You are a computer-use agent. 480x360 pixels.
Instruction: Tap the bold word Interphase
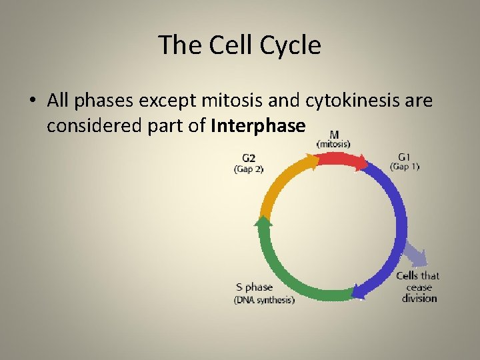pyautogui.click(x=258, y=125)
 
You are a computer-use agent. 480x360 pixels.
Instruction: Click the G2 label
pyautogui.click(x=248, y=158)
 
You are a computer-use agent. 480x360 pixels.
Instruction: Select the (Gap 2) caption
pyautogui.click(x=249, y=169)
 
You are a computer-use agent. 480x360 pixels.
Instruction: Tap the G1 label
pyautogui.click(x=404, y=157)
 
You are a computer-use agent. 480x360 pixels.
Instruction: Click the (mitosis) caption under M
pyautogui.click(x=333, y=143)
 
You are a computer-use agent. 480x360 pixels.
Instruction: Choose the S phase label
pyautogui.click(x=254, y=287)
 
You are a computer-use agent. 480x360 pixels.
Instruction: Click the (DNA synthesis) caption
pyautogui.click(x=264, y=300)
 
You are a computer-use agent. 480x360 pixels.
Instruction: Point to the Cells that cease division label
pyautogui.click(x=419, y=287)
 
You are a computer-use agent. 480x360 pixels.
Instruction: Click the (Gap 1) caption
pyautogui.click(x=405, y=167)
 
